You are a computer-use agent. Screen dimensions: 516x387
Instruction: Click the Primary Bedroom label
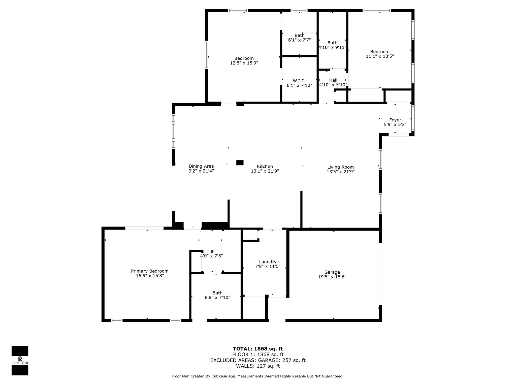tap(150, 271)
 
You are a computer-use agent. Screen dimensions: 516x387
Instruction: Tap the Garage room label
tap(332, 272)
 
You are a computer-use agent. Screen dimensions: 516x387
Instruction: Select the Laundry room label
tap(268, 262)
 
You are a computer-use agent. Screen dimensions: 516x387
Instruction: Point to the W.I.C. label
tap(299, 81)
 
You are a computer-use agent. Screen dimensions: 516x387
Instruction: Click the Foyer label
tap(395, 120)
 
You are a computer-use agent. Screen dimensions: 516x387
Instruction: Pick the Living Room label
tap(340, 167)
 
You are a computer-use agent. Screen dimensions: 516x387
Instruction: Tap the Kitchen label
tap(265, 166)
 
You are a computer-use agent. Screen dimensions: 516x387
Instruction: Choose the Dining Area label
tap(201, 166)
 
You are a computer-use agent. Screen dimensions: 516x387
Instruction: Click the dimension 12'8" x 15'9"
tap(244, 63)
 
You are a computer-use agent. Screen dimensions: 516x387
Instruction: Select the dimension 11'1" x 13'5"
tap(380, 56)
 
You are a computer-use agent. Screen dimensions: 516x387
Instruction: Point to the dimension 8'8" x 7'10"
tap(217, 297)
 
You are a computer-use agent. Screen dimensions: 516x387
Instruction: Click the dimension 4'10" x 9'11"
tap(332, 47)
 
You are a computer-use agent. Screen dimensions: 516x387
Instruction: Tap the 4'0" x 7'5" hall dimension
tap(211, 256)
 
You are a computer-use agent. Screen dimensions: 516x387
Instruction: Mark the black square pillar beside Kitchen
tap(240, 163)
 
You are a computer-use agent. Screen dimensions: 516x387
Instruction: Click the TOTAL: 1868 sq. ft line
tap(258, 349)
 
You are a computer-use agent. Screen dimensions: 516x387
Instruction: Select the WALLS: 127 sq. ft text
tap(258, 366)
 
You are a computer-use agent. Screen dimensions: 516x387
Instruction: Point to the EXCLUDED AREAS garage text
tap(258, 360)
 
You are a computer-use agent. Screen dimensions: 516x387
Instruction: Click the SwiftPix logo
tap(20, 361)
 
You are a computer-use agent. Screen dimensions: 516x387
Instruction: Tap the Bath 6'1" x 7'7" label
tap(299, 38)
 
